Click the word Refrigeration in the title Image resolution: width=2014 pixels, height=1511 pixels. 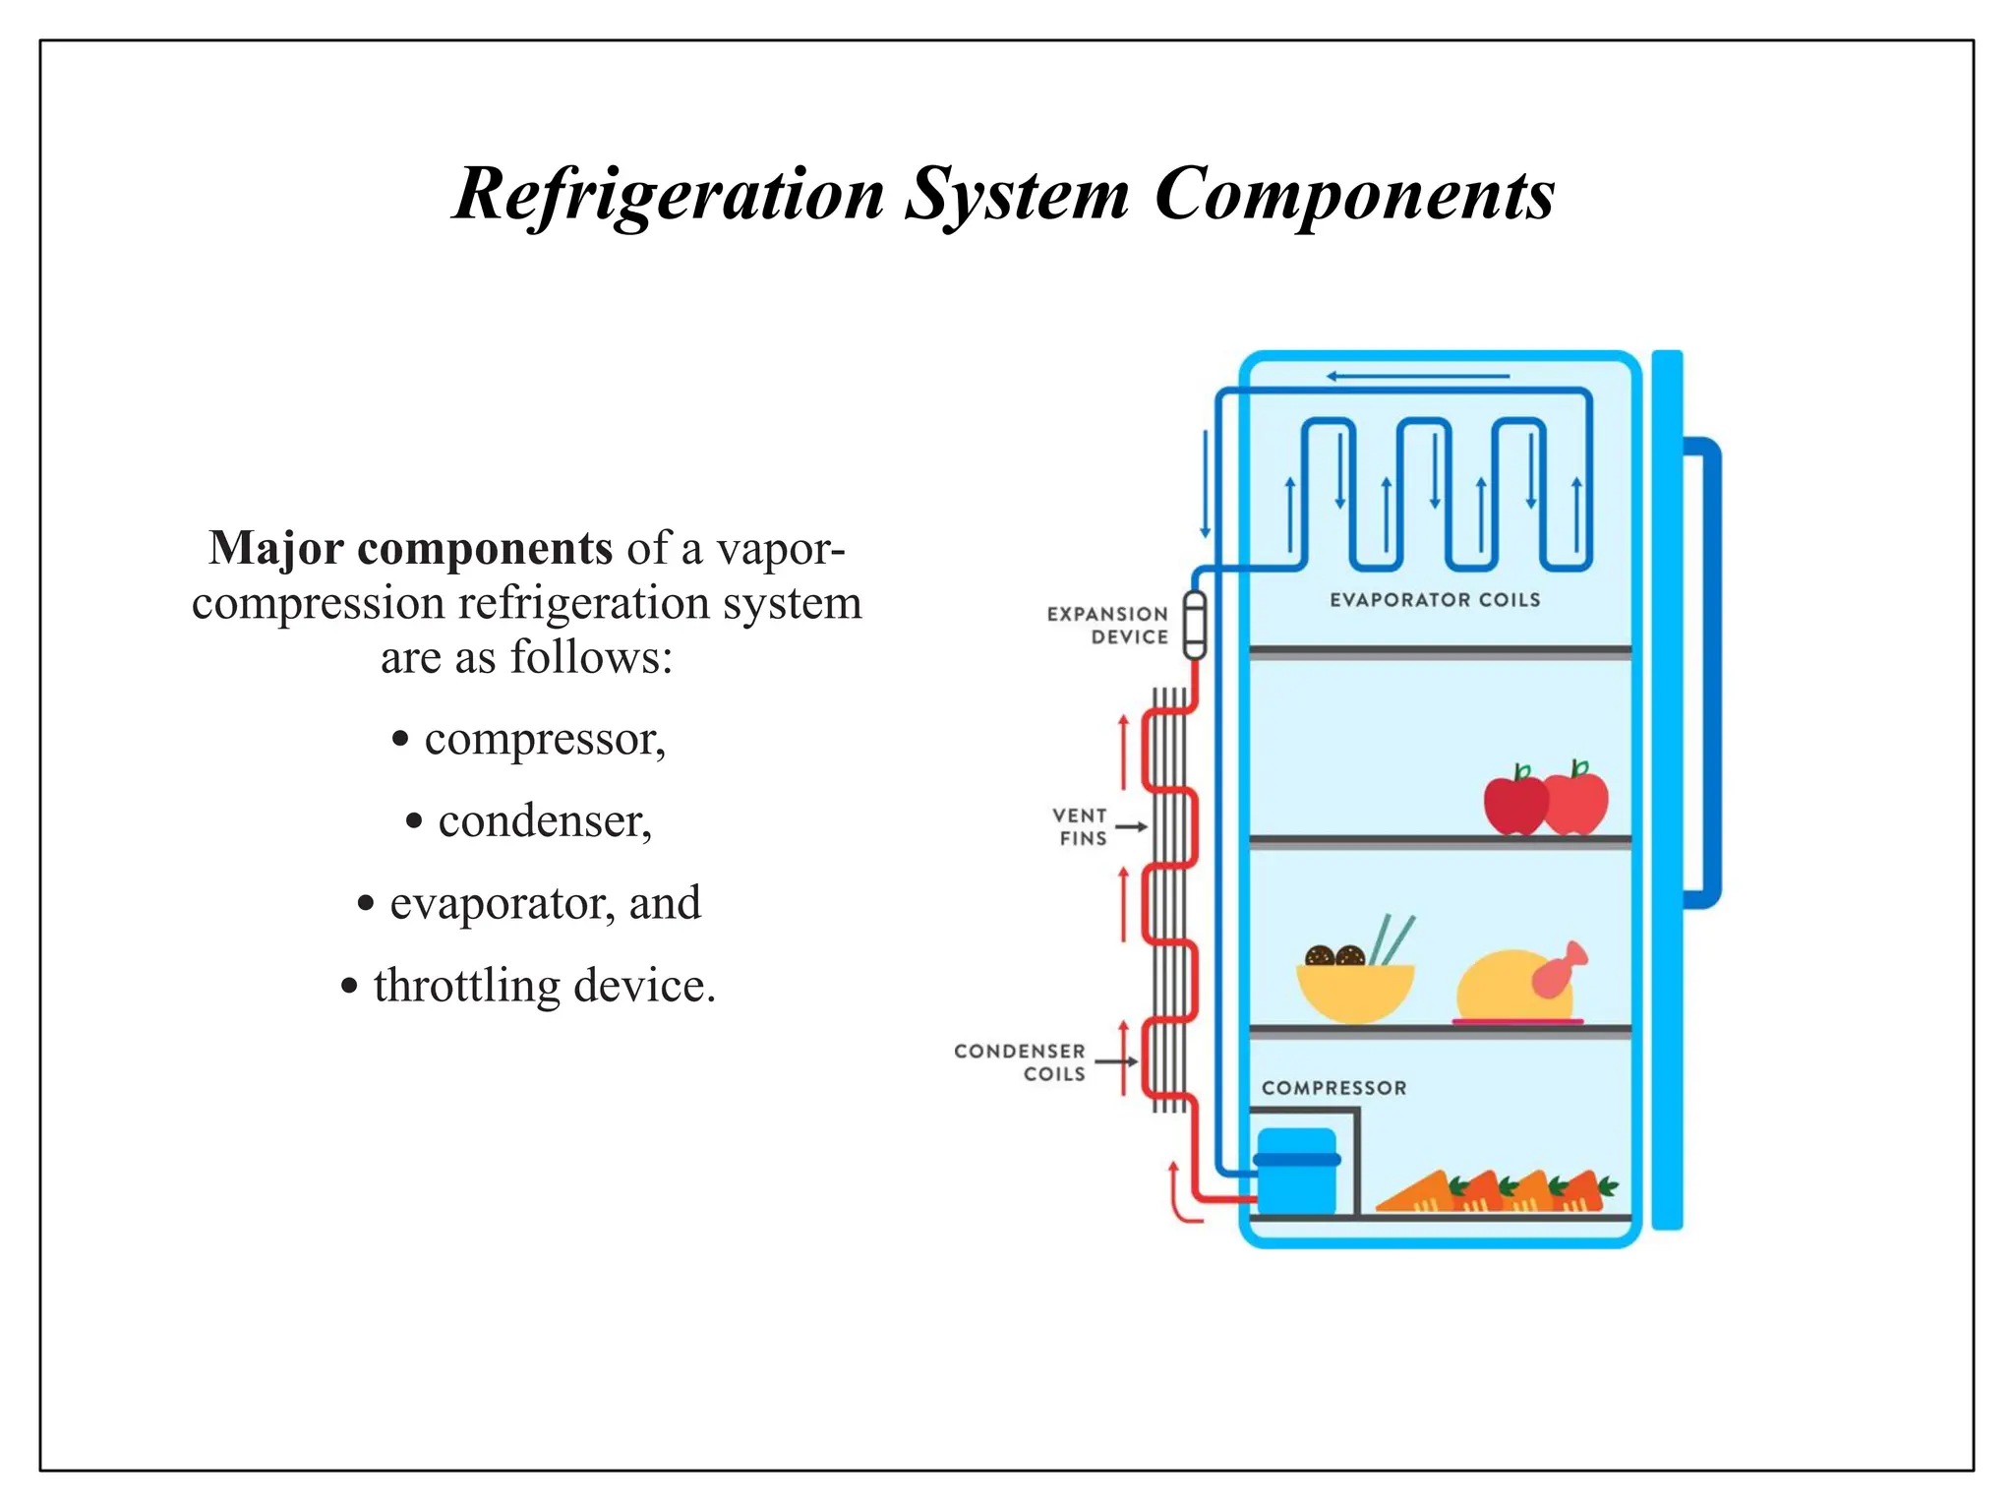pyautogui.click(x=669, y=194)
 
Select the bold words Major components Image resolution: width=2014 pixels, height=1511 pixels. pyautogui.click(x=410, y=548)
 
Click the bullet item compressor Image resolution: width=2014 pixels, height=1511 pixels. pyautogui.click(x=544, y=739)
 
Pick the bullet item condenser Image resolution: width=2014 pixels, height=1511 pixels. pyautogui.click(x=544, y=820)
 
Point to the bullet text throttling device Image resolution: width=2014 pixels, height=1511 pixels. pyautogui.click(x=544, y=986)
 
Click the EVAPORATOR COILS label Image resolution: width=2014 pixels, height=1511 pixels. pyautogui.click(x=1434, y=600)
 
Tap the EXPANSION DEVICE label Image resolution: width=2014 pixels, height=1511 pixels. pyautogui.click(x=1108, y=626)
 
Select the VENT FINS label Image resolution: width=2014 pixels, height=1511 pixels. pyautogui.click(x=1081, y=827)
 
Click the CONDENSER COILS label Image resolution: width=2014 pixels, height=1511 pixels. pyautogui.click(x=1021, y=1062)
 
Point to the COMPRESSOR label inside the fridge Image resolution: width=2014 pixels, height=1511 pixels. pyautogui.click(x=1333, y=1088)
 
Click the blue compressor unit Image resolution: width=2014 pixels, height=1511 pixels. pyautogui.click(x=1296, y=1172)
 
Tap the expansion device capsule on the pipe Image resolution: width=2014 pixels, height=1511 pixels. pyautogui.click(x=1194, y=625)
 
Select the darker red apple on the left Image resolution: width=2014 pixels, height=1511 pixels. pyautogui.click(x=1513, y=805)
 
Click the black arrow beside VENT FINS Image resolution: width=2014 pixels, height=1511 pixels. pyautogui.click(x=1132, y=826)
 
